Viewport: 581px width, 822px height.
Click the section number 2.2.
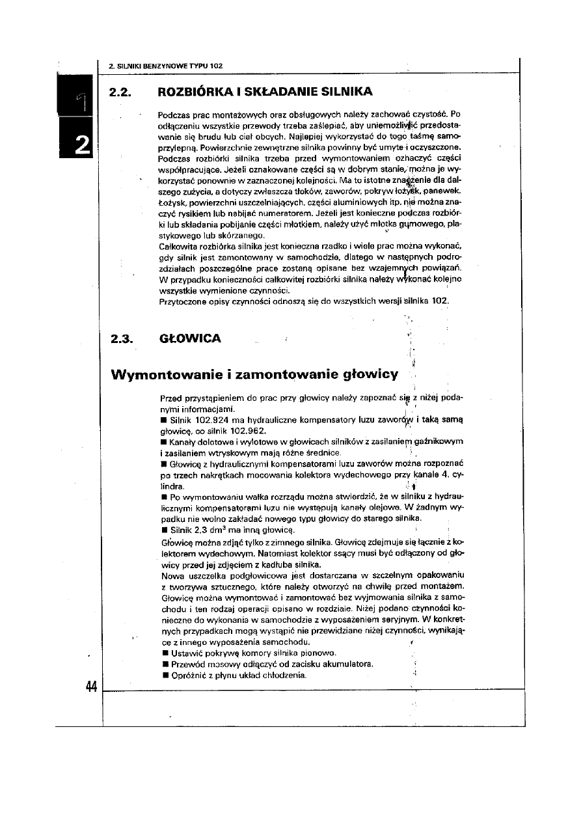coord(121,90)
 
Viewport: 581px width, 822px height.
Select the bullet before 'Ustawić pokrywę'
coord(163,653)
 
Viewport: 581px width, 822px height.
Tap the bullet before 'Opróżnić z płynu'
coord(163,675)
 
